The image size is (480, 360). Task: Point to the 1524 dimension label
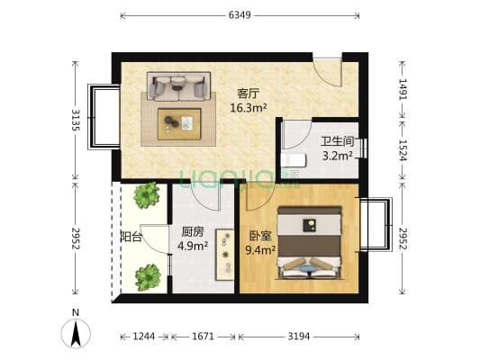point(403,147)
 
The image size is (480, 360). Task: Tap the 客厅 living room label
point(249,93)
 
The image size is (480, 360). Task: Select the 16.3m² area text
point(248,107)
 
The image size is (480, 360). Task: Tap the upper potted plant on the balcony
point(146,195)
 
